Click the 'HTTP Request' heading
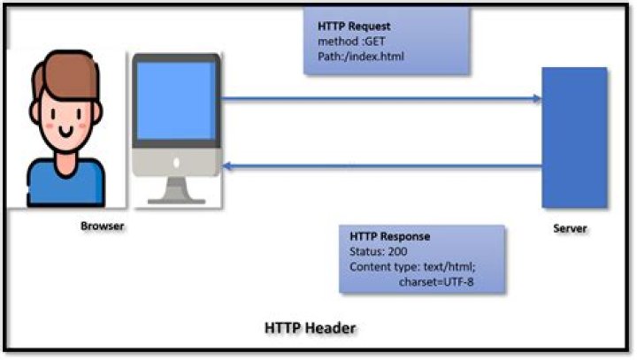[x=354, y=27]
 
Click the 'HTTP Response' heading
[x=390, y=237]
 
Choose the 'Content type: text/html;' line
[x=413, y=267]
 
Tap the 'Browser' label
[x=103, y=226]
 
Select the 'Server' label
[x=570, y=229]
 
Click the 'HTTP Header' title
[x=310, y=328]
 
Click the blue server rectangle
[x=574, y=136]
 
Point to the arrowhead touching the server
[x=536, y=98]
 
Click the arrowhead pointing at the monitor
[x=226, y=165]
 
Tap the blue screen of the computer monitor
[x=176, y=100]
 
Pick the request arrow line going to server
[x=380, y=98]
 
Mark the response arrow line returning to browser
[x=380, y=165]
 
